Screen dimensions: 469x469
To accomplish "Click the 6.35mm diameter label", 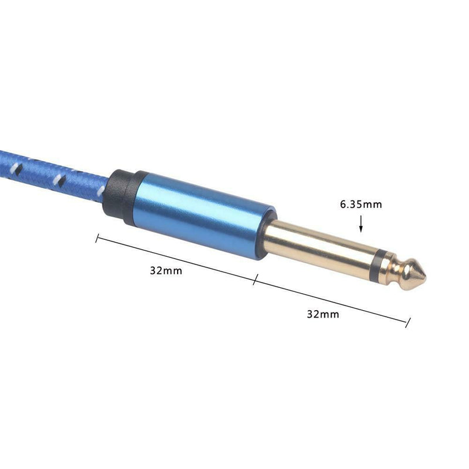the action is pyautogui.click(x=361, y=205).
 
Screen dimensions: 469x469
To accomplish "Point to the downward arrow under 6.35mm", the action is pyautogui.click(x=361, y=224).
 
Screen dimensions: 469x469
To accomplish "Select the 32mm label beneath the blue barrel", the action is pyautogui.click(x=166, y=271).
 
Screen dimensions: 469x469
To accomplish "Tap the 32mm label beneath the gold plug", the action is pyautogui.click(x=323, y=314).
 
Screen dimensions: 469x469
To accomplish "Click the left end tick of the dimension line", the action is pyautogui.click(x=97, y=238).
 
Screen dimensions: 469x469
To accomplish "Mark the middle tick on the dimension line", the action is pyautogui.click(x=255, y=279).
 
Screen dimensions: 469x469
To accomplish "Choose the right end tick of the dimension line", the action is pyautogui.click(x=408, y=322).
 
